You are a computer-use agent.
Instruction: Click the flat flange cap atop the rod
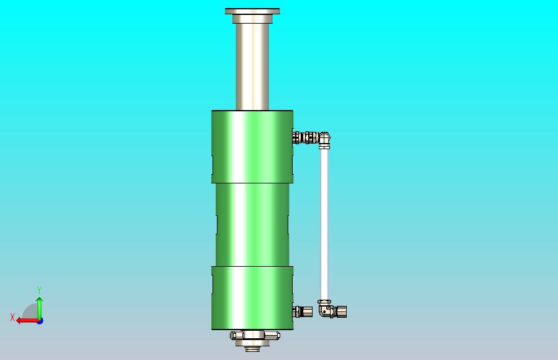[252, 11]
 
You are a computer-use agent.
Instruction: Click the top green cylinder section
[252, 146]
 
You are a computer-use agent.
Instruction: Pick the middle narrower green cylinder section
[252, 224]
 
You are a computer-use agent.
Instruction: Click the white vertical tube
[324, 224]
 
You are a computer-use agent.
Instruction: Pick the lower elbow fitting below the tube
[324, 309]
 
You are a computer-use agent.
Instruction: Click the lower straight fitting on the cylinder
[304, 311]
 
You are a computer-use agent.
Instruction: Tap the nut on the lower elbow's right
[342, 310]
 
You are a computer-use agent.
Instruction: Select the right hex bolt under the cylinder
[273, 336]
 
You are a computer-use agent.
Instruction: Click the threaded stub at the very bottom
[252, 348]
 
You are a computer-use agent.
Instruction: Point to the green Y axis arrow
[39, 307]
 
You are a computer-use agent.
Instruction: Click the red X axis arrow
[25, 321]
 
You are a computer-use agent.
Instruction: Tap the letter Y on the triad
[39, 290]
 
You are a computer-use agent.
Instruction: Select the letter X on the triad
[12, 318]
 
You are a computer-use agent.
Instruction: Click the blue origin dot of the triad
[39, 321]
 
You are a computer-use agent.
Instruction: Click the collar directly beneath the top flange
[252, 19]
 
